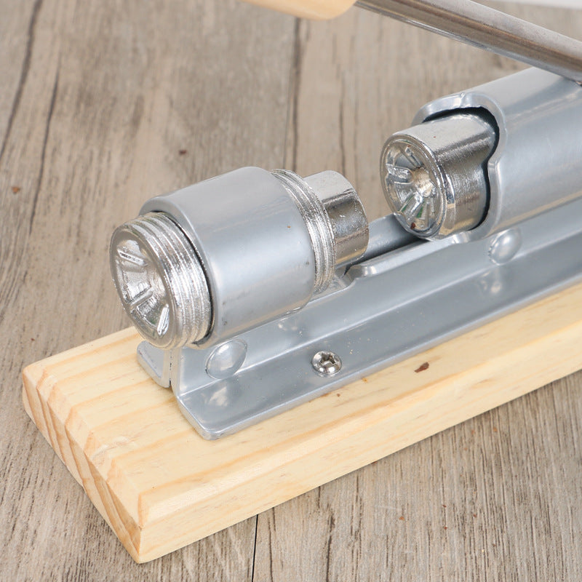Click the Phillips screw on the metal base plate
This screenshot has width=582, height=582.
pyautogui.click(x=327, y=363)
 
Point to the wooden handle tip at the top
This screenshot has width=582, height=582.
pyautogui.click(x=309, y=7)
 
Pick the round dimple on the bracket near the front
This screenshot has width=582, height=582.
pyautogui.click(x=226, y=359)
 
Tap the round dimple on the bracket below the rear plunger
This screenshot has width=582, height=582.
pyautogui.click(x=504, y=246)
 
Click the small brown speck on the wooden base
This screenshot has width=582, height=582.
pyautogui.click(x=422, y=367)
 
